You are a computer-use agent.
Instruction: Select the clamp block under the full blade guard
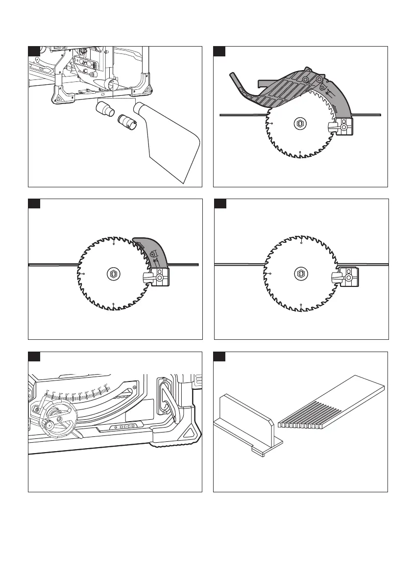pos(346,127)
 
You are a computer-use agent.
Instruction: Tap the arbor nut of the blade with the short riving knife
pos(113,275)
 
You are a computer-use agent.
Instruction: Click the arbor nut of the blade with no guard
pos(300,275)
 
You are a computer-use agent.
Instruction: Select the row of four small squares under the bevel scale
pos(125,427)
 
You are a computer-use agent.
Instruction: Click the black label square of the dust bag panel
pos(33,51)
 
